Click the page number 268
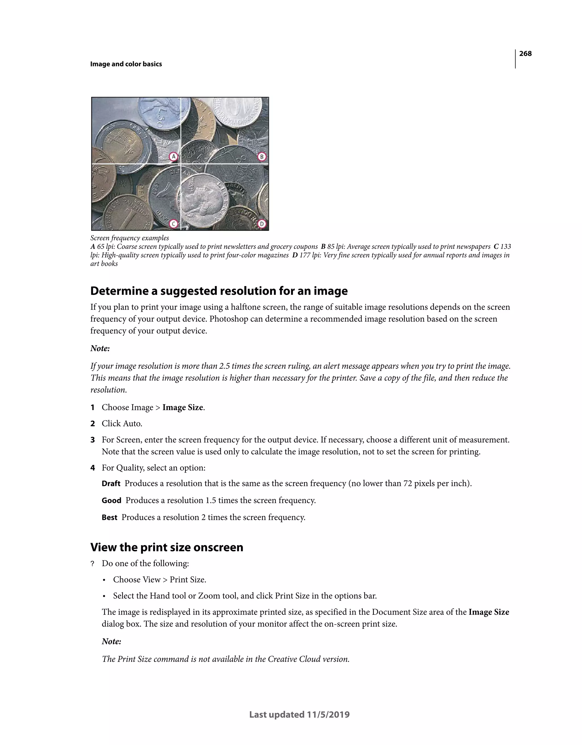(525, 53)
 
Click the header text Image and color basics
(126, 64)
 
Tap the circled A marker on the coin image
(174, 157)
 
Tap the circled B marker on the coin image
(261, 157)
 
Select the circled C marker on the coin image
(174, 224)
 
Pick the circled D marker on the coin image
(261, 224)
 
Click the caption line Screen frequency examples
(130, 238)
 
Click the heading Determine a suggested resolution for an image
(219, 291)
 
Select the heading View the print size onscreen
(167, 547)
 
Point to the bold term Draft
(111, 484)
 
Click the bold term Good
(111, 500)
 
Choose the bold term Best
(109, 518)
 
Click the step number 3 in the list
(92, 440)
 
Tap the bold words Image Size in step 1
(183, 408)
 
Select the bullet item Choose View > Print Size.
(159, 580)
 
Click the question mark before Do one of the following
(92, 564)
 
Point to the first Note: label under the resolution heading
(100, 349)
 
